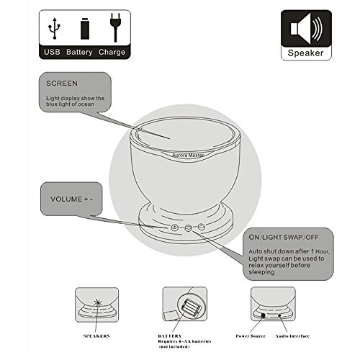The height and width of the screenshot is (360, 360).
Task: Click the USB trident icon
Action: [x=54, y=28]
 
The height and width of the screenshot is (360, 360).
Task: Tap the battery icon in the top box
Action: [x=85, y=29]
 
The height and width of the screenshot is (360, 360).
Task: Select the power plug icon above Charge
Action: [x=115, y=27]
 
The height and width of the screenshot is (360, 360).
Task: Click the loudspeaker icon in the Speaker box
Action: [x=306, y=28]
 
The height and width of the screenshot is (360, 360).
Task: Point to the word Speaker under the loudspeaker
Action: [x=305, y=53]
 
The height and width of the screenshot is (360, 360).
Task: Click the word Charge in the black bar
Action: [x=112, y=52]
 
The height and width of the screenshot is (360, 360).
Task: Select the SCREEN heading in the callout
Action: [x=62, y=84]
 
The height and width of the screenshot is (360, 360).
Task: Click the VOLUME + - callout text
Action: [x=71, y=199]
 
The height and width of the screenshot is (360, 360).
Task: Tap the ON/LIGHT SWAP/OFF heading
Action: [x=284, y=237]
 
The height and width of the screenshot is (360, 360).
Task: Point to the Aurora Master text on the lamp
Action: [x=188, y=156]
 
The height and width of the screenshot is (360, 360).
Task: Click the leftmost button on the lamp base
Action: [x=174, y=227]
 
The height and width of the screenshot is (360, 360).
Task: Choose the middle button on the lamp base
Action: [x=188, y=228]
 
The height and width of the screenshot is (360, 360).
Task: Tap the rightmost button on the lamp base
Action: [x=201, y=226]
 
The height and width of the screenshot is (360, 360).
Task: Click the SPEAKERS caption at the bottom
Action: [x=96, y=336]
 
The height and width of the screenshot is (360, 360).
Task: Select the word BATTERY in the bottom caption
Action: [x=170, y=336]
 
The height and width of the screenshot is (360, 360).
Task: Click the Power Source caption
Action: [x=251, y=336]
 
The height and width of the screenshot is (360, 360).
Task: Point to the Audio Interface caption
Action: [x=292, y=336]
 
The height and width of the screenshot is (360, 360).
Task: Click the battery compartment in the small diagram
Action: [x=191, y=307]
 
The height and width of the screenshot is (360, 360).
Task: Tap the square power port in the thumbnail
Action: [x=263, y=315]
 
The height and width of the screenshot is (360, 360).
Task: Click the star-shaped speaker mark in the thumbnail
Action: [x=97, y=303]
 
